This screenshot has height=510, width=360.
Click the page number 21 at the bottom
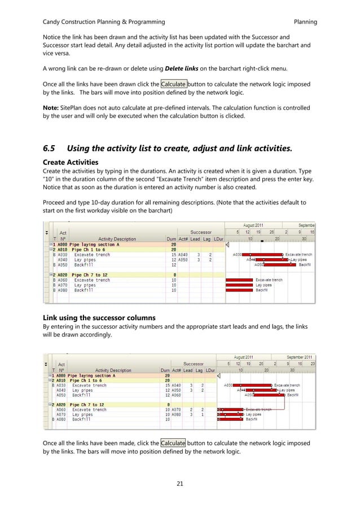(x=180, y=483)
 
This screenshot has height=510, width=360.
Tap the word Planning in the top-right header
(x=305, y=22)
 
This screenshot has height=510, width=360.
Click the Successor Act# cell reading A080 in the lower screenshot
(x=176, y=415)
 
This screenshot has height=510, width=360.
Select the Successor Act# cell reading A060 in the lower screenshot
(x=176, y=395)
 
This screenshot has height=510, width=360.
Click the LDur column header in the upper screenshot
(x=217, y=239)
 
